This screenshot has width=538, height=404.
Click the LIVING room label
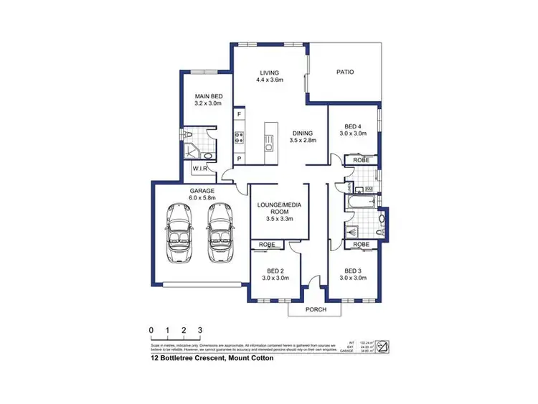coord(270,72)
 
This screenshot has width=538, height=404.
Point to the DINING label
coord(302,133)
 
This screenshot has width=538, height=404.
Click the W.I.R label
coord(200,168)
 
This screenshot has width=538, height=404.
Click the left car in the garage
coord(178,232)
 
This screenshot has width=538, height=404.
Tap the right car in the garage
coord(220,232)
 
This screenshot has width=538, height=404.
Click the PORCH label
coord(316,309)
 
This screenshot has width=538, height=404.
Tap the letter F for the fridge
coord(240,115)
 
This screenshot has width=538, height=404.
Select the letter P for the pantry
coord(240,158)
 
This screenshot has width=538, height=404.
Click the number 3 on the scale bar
coord(200,331)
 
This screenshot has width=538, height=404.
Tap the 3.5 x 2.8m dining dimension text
coord(302,141)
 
